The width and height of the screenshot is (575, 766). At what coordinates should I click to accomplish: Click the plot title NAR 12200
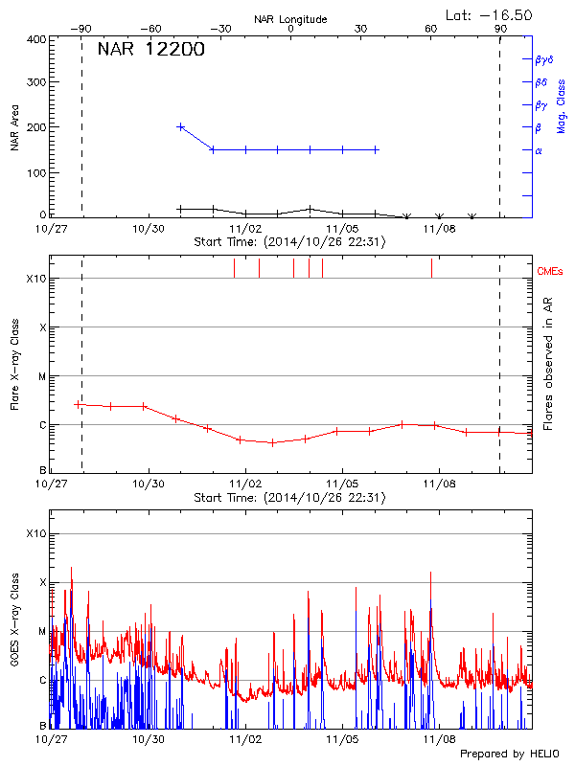pyautogui.click(x=150, y=50)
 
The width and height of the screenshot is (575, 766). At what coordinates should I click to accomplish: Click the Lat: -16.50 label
pyautogui.click(x=490, y=14)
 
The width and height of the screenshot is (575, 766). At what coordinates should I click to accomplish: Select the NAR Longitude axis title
pyautogui.click(x=290, y=19)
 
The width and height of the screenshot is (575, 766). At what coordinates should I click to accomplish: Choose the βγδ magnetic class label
pyautogui.click(x=543, y=59)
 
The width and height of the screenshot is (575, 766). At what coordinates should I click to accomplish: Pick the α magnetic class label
pyautogui.click(x=539, y=150)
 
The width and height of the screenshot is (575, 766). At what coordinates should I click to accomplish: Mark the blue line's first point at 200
pyautogui.click(x=180, y=126)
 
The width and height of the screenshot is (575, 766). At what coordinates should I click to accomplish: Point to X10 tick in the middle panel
pyautogui.click(x=34, y=279)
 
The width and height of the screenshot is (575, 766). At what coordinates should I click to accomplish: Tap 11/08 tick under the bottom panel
pyautogui.click(x=439, y=739)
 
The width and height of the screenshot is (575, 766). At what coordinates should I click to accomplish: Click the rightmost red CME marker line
pyautogui.click(x=431, y=268)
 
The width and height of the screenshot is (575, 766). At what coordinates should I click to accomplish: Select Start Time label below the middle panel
pyautogui.click(x=289, y=498)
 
